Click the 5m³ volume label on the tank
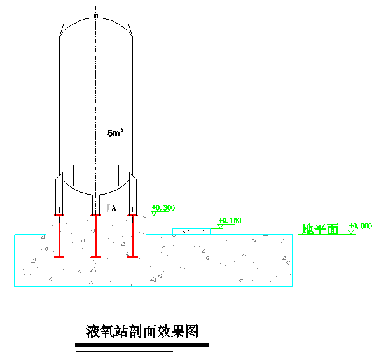115,133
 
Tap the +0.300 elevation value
163,208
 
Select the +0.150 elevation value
230,221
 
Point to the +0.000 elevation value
361,226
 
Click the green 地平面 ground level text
320,229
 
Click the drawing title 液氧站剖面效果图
142,331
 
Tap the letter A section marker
114,208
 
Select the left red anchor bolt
59,236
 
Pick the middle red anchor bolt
96,236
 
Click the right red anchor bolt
132,236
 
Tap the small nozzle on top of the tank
96,16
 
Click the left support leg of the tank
59,194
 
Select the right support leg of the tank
133,194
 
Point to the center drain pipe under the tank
96,205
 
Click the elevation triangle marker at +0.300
154,214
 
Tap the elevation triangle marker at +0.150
220,226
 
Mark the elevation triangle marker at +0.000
351,232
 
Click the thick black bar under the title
142,345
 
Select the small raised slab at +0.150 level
191,232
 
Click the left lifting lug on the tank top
62,29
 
